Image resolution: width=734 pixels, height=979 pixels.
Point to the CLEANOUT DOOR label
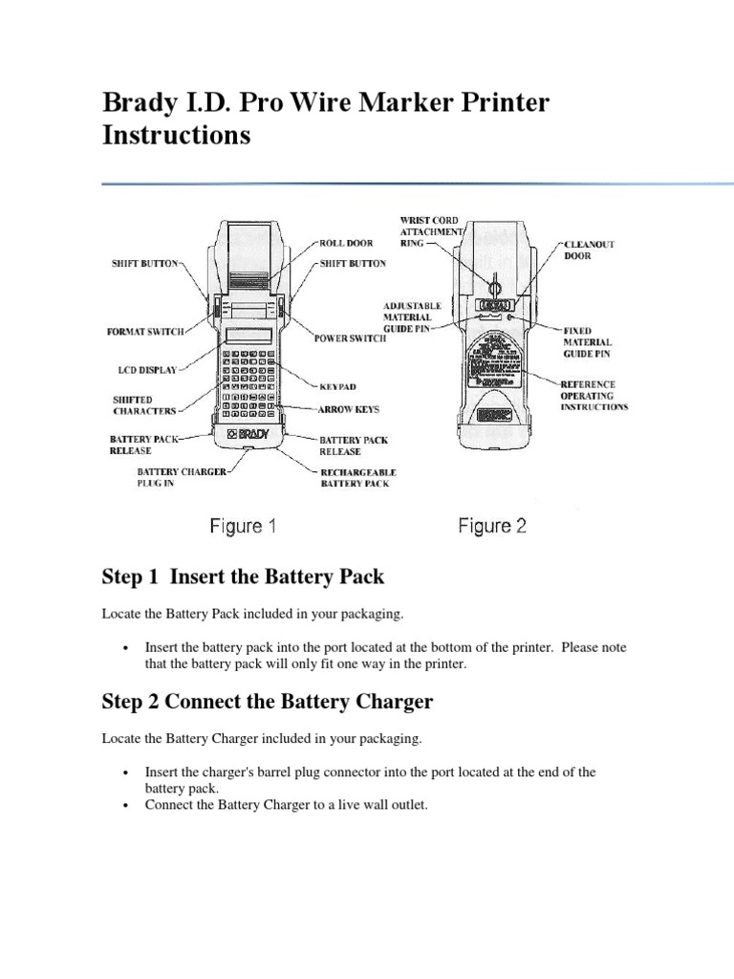point(589,250)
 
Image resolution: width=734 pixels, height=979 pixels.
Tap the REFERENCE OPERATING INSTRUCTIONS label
point(594,395)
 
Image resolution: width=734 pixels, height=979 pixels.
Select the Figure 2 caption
point(492,526)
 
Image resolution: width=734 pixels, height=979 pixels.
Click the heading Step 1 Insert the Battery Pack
point(243,577)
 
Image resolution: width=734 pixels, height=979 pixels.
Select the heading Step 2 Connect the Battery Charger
point(268,702)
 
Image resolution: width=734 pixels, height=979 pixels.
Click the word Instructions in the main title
point(176,135)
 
